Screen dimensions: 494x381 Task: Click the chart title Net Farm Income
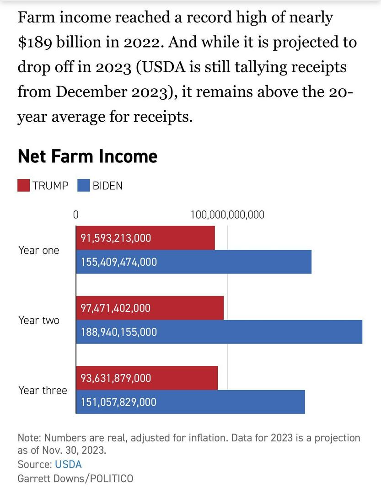(x=87, y=156)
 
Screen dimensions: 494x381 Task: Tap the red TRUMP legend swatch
(x=24, y=185)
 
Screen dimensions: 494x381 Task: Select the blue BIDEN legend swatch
(x=84, y=185)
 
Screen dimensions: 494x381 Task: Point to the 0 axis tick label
(x=76, y=215)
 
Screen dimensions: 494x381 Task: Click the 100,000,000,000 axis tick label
(x=227, y=215)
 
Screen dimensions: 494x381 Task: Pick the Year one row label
(x=39, y=250)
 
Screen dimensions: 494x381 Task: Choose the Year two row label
(x=39, y=320)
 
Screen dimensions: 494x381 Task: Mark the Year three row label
(x=43, y=390)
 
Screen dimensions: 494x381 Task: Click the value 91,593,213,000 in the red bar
(x=116, y=238)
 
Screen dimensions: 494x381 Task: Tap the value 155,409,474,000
(x=119, y=262)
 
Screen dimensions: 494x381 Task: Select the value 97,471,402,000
(x=116, y=308)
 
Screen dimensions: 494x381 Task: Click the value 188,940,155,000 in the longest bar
(x=119, y=332)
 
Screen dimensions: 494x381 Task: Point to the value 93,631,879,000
(x=116, y=378)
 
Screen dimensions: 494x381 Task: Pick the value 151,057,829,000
(x=119, y=402)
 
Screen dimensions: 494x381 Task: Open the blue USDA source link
(x=68, y=464)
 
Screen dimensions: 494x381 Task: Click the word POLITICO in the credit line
(x=112, y=478)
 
